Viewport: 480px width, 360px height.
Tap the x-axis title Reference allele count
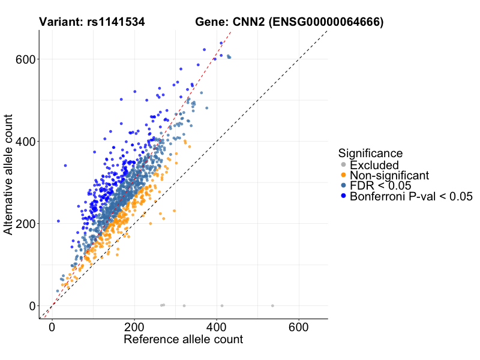tap(183, 340)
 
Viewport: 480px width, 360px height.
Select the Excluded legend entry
tap(374, 165)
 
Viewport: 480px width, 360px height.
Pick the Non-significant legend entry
tap(389, 176)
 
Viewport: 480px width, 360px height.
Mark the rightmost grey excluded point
tap(272, 305)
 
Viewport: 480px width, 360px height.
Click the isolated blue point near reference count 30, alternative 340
tap(65, 166)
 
